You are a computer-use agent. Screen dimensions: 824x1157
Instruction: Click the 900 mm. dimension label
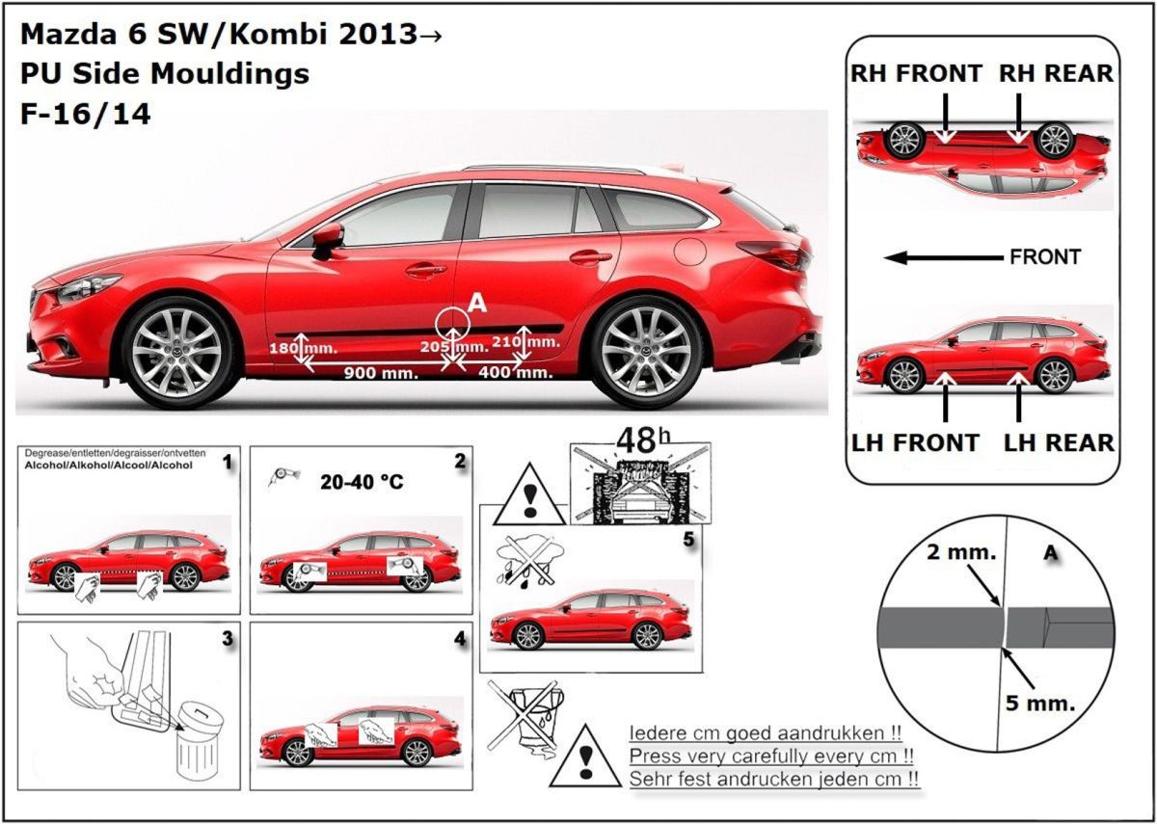(x=381, y=373)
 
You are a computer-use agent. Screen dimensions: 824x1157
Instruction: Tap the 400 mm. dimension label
(x=515, y=372)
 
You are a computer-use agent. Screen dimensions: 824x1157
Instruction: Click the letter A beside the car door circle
(x=477, y=305)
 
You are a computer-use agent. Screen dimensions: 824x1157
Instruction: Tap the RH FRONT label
(x=916, y=73)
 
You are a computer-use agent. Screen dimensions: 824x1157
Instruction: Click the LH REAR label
(x=1059, y=443)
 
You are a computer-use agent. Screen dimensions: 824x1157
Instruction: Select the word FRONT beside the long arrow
(x=1045, y=257)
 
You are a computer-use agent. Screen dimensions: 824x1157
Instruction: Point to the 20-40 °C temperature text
(x=362, y=482)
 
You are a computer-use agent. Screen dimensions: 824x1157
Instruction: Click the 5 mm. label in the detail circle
(x=1039, y=704)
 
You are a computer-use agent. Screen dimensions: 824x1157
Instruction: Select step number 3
(x=227, y=638)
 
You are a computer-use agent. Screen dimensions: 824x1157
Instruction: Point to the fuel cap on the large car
(x=690, y=251)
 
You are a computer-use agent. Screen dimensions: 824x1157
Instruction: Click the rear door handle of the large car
(x=590, y=257)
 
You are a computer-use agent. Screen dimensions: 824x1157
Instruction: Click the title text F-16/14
(x=85, y=114)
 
